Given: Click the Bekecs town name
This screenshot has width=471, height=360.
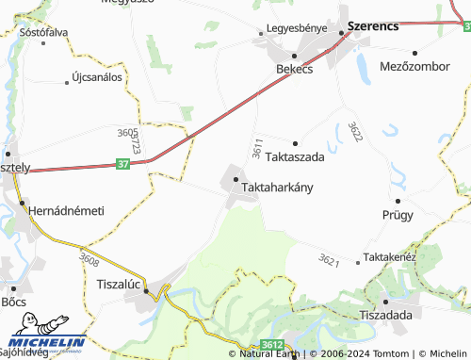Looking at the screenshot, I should click(294, 70).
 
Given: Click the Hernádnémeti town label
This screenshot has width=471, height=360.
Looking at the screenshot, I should click(66, 210).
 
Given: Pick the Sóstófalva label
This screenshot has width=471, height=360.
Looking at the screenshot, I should click(43, 31).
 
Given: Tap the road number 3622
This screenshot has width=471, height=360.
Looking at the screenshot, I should click(355, 131).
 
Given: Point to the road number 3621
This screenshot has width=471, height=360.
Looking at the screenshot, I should click(329, 259).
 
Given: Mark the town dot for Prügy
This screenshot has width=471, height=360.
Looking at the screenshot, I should click(398, 200).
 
